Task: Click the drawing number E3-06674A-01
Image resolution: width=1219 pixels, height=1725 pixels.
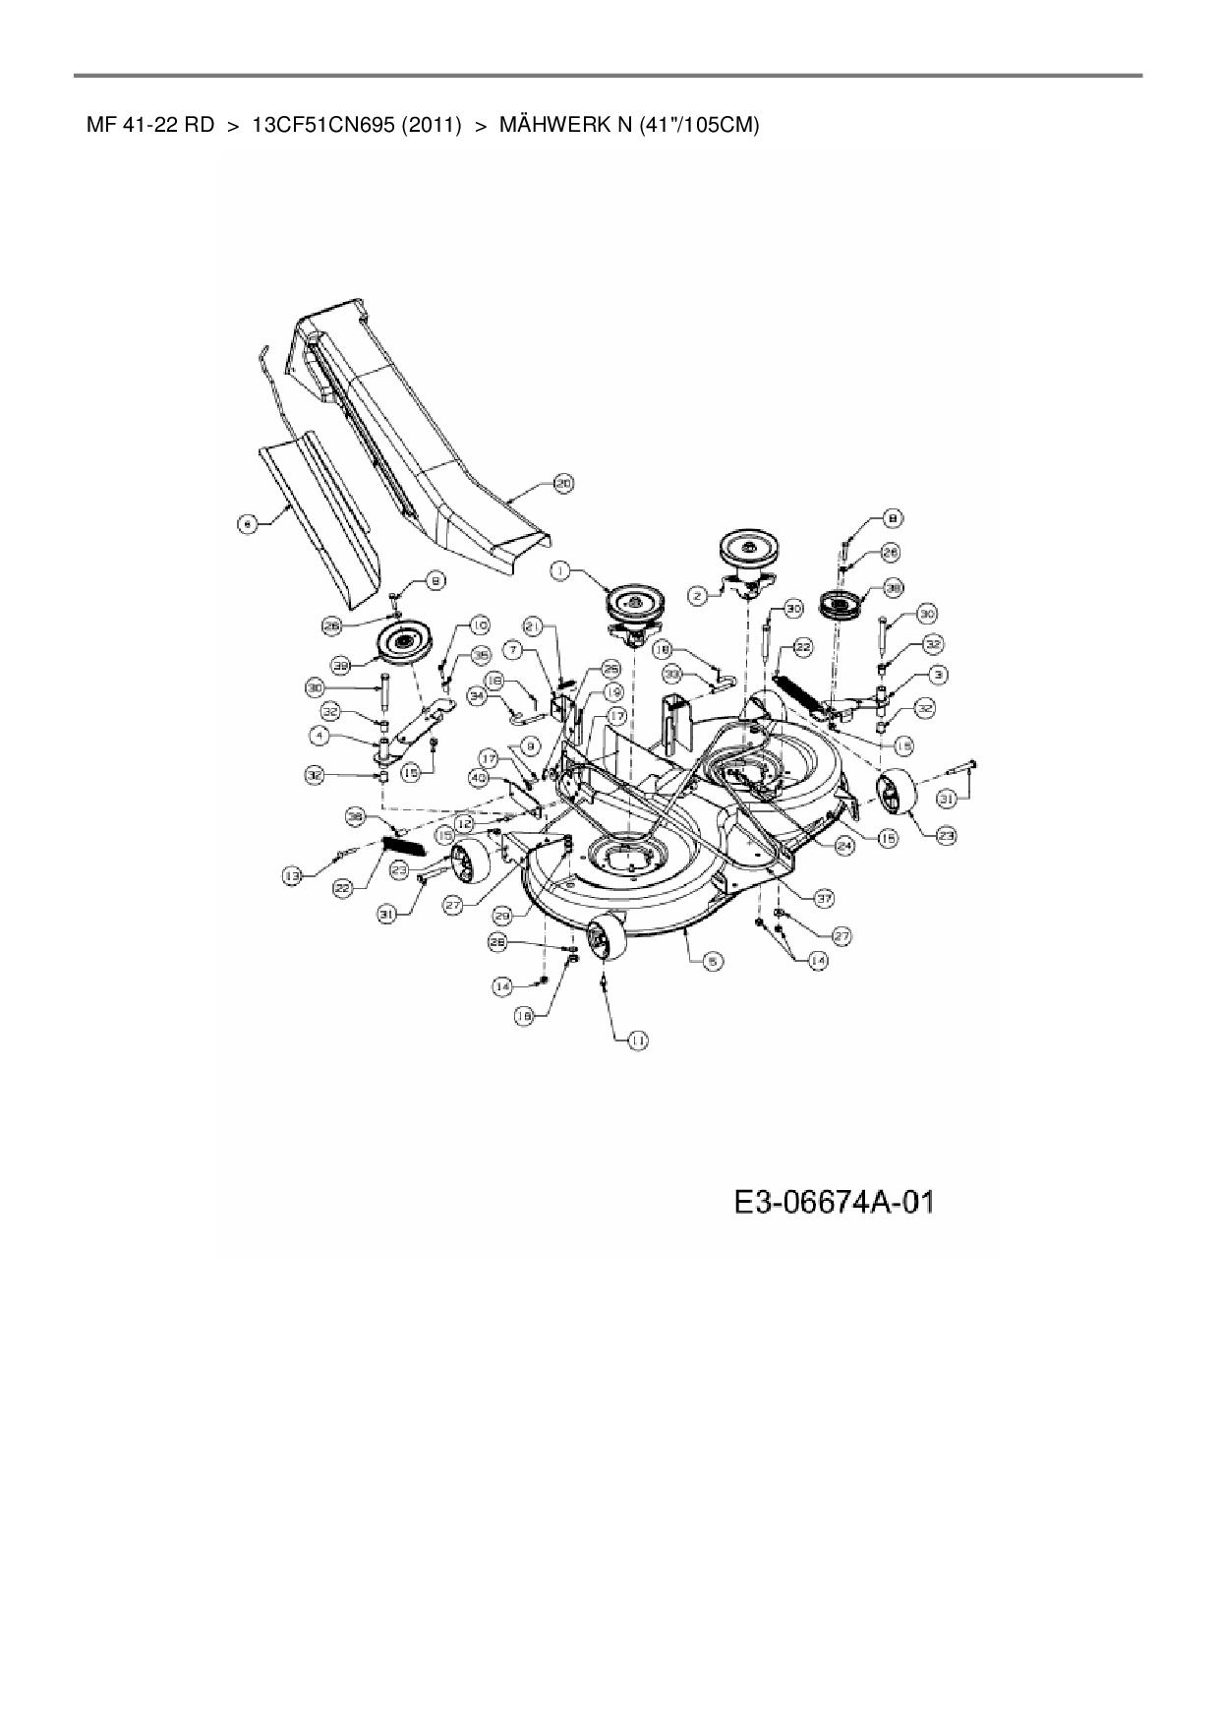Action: coord(833,1202)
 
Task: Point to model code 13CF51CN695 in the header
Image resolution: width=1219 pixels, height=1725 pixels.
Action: coord(322,126)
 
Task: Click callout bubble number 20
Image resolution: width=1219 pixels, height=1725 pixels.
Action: coord(562,484)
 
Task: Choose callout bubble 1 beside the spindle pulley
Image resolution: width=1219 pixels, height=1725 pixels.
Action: coord(560,569)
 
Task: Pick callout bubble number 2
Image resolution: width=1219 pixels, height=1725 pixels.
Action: coord(696,594)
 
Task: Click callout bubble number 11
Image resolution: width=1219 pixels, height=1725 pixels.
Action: coord(638,1040)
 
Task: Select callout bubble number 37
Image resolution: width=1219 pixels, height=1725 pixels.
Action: coord(824,898)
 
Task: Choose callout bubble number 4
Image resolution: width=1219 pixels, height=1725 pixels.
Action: coord(319,735)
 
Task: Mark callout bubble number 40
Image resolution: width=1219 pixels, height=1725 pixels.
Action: coord(479,778)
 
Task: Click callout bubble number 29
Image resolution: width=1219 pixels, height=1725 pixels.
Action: coord(503,916)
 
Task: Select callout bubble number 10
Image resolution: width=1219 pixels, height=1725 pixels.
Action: coord(479,625)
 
